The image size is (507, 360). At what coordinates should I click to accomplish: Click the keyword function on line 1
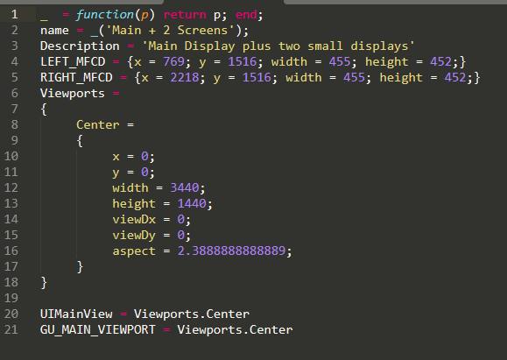[x=105, y=15]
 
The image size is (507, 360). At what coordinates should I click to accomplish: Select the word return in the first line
[x=185, y=15]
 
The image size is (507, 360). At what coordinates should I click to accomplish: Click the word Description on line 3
[x=80, y=46]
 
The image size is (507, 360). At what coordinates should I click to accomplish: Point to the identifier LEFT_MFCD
[x=73, y=62]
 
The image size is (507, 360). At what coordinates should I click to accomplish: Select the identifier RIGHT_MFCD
[x=76, y=78]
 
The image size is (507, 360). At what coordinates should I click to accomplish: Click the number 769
[x=173, y=62]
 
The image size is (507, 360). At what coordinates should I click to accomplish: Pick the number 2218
[x=185, y=78]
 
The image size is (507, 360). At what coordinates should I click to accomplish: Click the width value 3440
[x=185, y=188]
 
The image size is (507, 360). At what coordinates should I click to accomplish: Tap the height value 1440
[x=192, y=204]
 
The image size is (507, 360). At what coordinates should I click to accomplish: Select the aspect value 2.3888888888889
[x=231, y=251]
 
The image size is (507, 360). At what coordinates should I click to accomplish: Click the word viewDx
[x=134, y=220]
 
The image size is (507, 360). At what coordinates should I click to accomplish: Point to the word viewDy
[x=134, y=236]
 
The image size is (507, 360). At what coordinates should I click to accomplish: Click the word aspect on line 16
[x=134, y=251]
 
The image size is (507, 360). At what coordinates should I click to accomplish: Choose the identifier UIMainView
[x=76, y=314]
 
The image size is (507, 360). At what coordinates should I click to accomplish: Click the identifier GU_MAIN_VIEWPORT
[x=98, y=330]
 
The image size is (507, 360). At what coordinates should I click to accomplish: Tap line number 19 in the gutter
[x=11, y=298]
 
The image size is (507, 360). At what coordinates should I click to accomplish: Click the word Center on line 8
[x=98, y=125]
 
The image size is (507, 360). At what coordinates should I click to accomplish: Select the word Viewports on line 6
[x=73, y=94]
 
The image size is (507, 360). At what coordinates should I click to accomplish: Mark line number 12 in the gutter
[x=11, y=188]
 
